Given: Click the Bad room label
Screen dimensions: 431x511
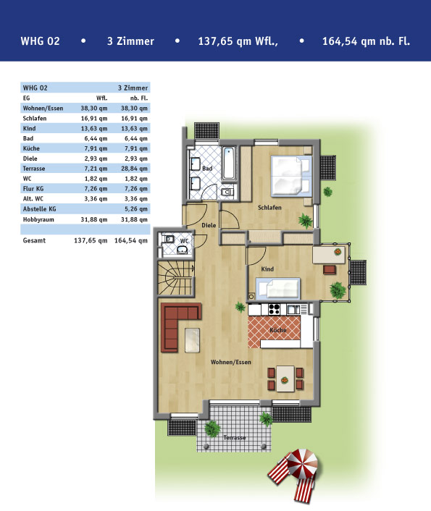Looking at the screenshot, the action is (207, 168).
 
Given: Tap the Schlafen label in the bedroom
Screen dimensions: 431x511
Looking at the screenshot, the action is (269, 207).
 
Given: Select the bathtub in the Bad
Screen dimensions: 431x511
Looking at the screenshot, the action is (229, 164).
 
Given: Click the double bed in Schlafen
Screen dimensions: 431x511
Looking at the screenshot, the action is (291, 176).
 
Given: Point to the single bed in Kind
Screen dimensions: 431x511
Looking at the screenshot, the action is (277, 288).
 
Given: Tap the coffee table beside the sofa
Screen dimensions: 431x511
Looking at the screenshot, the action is (192, 340).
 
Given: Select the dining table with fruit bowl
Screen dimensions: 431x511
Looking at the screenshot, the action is (285, 378).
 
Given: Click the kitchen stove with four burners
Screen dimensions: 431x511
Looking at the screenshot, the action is (274, 309).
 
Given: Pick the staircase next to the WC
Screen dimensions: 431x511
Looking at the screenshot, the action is (176, 278).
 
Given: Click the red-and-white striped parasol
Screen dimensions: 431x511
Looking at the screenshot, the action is (302, 462).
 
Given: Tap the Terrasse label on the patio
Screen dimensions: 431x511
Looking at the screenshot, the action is (235, 437).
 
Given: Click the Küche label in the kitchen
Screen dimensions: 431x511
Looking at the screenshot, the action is (278, 330).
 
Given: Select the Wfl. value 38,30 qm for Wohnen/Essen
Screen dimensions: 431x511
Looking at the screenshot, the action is (94, 108).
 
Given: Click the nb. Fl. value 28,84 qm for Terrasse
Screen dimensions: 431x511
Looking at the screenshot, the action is (134, 169).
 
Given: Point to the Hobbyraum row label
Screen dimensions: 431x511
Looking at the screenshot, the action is (38, 219).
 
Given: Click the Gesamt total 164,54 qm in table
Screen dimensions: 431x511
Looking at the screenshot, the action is (131, 240).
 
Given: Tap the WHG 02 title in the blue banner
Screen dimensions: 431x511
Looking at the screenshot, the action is (40, 41).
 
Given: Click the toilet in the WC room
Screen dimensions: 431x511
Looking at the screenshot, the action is (169, 239).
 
